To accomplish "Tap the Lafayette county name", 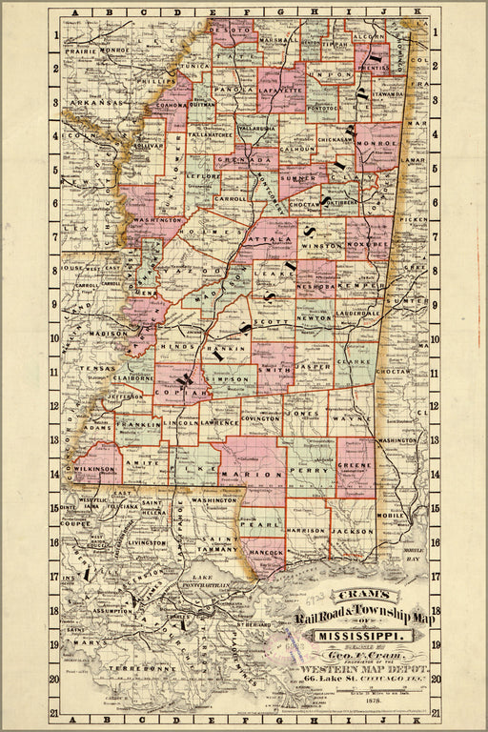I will click(x=280, y=92).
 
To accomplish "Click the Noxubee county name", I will click(x=369, y=244).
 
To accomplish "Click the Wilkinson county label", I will click(x=97, y=469).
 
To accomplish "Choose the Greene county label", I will click(x=355, y=468).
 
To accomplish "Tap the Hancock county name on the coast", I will click(x=263, y=552).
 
